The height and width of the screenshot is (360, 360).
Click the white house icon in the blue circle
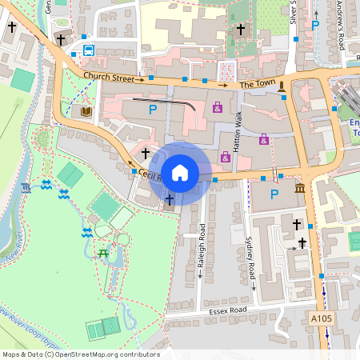coord(180,173)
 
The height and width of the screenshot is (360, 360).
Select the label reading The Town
coord(257,84)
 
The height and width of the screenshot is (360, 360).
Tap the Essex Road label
coord(230,310)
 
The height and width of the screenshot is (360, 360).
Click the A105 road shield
coord(320,318)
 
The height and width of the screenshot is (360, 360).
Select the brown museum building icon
coord(299,189)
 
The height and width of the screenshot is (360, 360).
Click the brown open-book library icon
coord(86,111)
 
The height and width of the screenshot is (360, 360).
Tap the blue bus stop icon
coord(88,50)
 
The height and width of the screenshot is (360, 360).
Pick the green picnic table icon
coord(102,254)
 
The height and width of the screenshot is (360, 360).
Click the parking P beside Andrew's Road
coord(315,26)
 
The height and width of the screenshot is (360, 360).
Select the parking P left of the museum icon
coord(275,194)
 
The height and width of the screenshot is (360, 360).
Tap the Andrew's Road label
coord(341,24)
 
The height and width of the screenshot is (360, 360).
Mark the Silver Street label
coord(294,12)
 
